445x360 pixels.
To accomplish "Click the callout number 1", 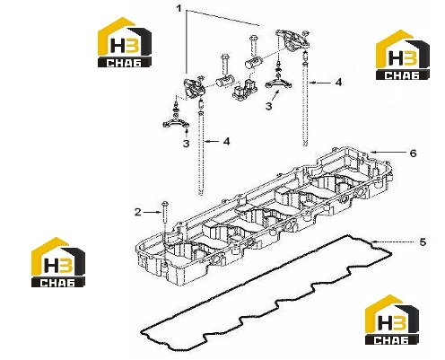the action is pos(179,9).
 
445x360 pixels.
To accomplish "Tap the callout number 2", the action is pos(137,212).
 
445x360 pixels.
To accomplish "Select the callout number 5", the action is pos(423,241).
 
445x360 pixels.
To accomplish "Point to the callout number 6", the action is pos(413,154).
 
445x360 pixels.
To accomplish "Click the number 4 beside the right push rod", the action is pos(338,82).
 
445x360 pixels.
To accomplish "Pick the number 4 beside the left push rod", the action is pos(227,141).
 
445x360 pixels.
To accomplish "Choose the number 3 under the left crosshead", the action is pos(186,144).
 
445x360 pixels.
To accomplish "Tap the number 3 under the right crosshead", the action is pos(269,106).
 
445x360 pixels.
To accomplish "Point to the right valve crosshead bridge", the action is pos(279,83).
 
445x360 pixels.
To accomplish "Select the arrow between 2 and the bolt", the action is pos(152,212).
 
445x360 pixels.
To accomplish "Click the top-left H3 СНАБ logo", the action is pos(125,42).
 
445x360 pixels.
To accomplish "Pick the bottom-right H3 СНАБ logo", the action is pos(392,320).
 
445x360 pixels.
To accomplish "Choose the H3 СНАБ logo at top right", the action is pos(403,55).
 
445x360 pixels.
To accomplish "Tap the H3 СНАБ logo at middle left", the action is pos(58,262).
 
